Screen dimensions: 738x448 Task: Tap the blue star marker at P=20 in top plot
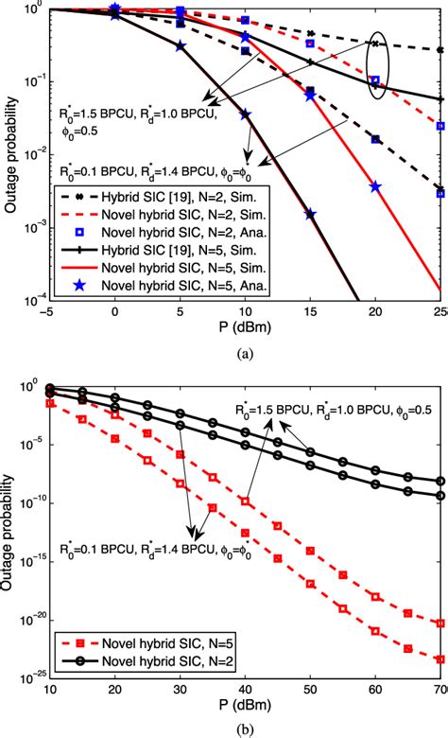click(375, 186)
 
